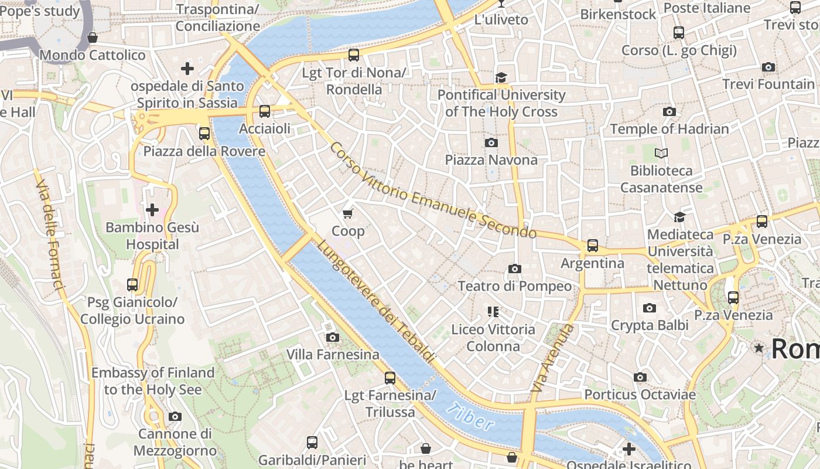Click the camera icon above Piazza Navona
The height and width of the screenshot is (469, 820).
(x=491, y=142)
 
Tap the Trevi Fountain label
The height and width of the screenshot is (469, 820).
(x=768, y=84)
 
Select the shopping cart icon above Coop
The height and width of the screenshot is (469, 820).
(x=348, y=213)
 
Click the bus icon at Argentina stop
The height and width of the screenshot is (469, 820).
(x=593, y=245)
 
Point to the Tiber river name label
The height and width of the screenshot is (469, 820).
(x=470, y=417)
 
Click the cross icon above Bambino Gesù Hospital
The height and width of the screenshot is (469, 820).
(x=152, y=209)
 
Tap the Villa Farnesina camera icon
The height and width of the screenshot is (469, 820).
(x=332, y=337)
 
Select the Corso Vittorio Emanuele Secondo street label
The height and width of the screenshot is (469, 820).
(x=432, y=191)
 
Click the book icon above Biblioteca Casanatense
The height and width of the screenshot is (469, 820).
(x=661, y=154)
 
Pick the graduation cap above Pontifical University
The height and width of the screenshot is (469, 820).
(x=501, y=78)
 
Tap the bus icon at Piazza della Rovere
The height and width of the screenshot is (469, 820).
(x=204, y=134)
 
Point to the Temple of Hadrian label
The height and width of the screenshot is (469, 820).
(x=669, y=129)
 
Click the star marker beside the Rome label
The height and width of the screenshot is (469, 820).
(x=759, y=348)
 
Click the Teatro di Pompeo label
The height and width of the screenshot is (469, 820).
(x=514, y=286)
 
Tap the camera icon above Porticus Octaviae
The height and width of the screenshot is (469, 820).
(x=640, y=377)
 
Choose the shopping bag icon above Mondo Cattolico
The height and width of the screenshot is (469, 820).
(x=92, y=38)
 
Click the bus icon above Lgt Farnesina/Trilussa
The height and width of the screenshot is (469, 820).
(x=389, y=378)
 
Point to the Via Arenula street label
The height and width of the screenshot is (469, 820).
(x=545, y=358)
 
